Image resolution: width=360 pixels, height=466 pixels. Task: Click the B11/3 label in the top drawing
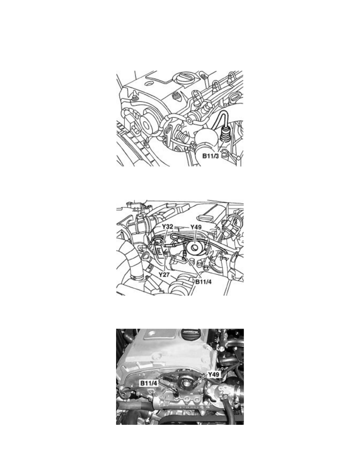click(x=210, y=156)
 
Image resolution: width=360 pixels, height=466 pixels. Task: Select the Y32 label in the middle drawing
click(x=167, y=227)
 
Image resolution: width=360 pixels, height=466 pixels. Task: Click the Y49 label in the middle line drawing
click(x=196, y=227)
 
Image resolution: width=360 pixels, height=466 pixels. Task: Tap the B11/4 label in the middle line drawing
click(x=203, y=281)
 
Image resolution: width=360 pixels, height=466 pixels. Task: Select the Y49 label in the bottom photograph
click(x=214, y=375)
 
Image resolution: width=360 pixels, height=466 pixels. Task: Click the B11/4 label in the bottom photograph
click(x=149, y=383)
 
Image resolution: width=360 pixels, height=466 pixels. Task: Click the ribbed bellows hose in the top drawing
click(x=181, y=138)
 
